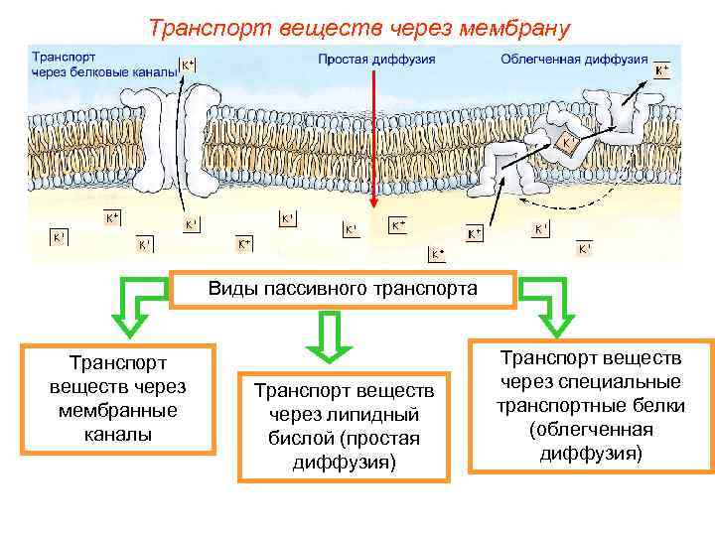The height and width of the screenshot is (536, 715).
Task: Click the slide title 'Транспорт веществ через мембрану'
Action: pyautogui.click(x=358, y=27)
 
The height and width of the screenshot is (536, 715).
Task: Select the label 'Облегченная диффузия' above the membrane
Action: pyautogui.click(x=574, y=60)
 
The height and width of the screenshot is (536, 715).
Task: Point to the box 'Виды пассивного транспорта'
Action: pyautogui.click(x=343, y=289)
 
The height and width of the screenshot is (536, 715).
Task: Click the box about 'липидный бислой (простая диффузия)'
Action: pyautogui.click(x=344, y=426)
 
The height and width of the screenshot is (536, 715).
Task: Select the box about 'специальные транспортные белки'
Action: pyautogui.click(x=591, y=405)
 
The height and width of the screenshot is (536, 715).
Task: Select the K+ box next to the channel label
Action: pyautogui.click(x=188, y=66)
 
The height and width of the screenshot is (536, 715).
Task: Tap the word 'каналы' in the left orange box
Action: pyautogui.click(x=118, y=434)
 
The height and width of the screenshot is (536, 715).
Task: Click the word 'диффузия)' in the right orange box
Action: pyautogui.click(x=591, y=454)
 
